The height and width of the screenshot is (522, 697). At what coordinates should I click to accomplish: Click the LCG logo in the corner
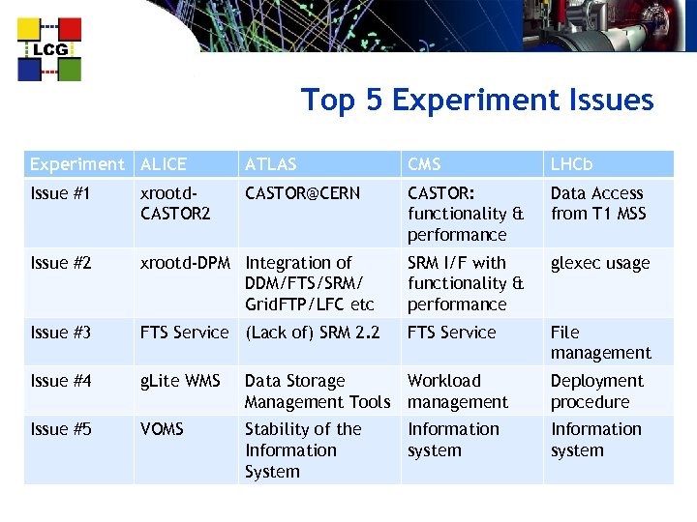(x=49, y=49)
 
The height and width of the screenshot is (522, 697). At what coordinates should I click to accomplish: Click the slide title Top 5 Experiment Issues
(x=477, y=101)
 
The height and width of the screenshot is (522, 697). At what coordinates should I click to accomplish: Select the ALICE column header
(x=164, y=164)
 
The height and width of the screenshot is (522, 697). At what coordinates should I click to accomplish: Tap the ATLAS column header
(x=271, y=164)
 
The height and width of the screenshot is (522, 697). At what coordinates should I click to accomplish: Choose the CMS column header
(x=424, y=164)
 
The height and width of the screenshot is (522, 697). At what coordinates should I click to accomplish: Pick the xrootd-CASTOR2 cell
(x=175, y=203)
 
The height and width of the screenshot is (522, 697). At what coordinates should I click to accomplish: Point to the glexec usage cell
(x=600, y=263)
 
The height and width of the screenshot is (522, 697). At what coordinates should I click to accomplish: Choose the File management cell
(x=600, y=342)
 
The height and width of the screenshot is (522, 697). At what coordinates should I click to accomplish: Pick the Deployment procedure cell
(x=596, y=391)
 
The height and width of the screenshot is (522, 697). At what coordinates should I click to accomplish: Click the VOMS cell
(x=163, y=429)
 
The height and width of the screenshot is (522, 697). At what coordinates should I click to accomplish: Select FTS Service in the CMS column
(x=451, y=333)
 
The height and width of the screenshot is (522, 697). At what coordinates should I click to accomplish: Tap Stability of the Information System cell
(x=302, y=449)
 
